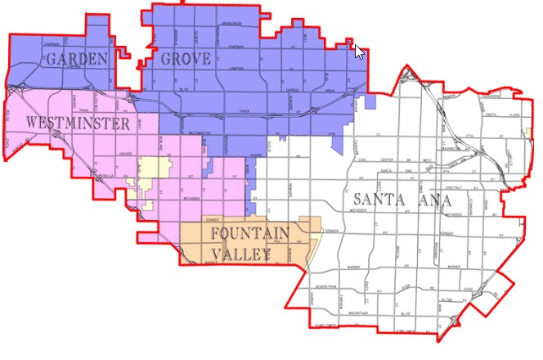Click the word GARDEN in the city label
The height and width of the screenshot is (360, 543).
[78, 59]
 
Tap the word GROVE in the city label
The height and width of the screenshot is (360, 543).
[186, 59]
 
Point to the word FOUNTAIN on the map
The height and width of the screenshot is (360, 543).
[249, 234]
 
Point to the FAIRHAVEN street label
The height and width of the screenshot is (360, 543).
[491, 95]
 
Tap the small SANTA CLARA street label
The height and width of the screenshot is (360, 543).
[500, 115]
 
